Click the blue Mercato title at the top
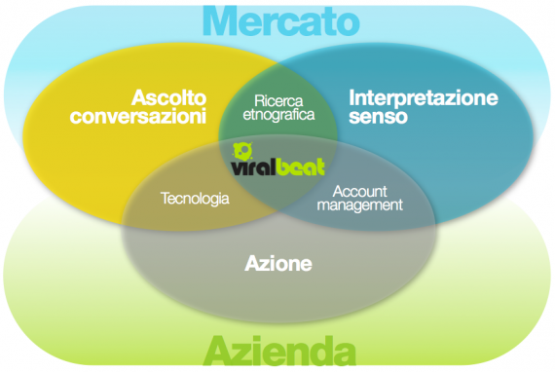(x=281, y=20)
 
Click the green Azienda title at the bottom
(x=279, y=351)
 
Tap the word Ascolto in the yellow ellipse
(x=168, y=97)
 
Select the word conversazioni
(x=138, y=116)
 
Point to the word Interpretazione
(x=424, y=98)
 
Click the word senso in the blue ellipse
(x=378, y=117)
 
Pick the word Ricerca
(x=278, y=101)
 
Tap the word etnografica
(x=278, y=115)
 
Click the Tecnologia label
(x=195, y=199)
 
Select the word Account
(x=359, y=192)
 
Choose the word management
(x=359, y=205)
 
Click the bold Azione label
(x=278, y=264)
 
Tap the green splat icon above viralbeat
(x=242, y=151)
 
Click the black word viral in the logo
(x=253, y=167)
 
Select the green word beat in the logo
(x=300, y=167)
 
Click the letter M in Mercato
(x=219, y=20)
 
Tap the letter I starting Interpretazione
(x=351, y=97)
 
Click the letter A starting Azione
(x=252, y=263)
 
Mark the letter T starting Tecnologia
(x=166, y=199)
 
